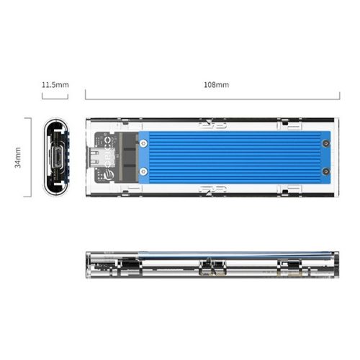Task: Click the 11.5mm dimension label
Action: (x=55, y=85)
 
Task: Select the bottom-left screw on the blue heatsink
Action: (x=144, y=172)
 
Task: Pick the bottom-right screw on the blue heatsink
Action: (x=325, y=172)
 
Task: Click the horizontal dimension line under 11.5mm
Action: (x=55, y=98)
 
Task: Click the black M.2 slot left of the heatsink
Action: (x=130, y=156)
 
